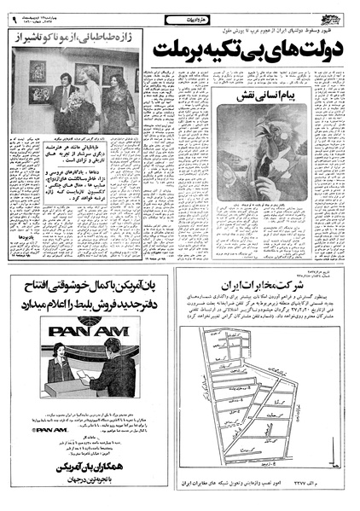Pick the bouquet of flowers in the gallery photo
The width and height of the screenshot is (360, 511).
click(x=86, y=90)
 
